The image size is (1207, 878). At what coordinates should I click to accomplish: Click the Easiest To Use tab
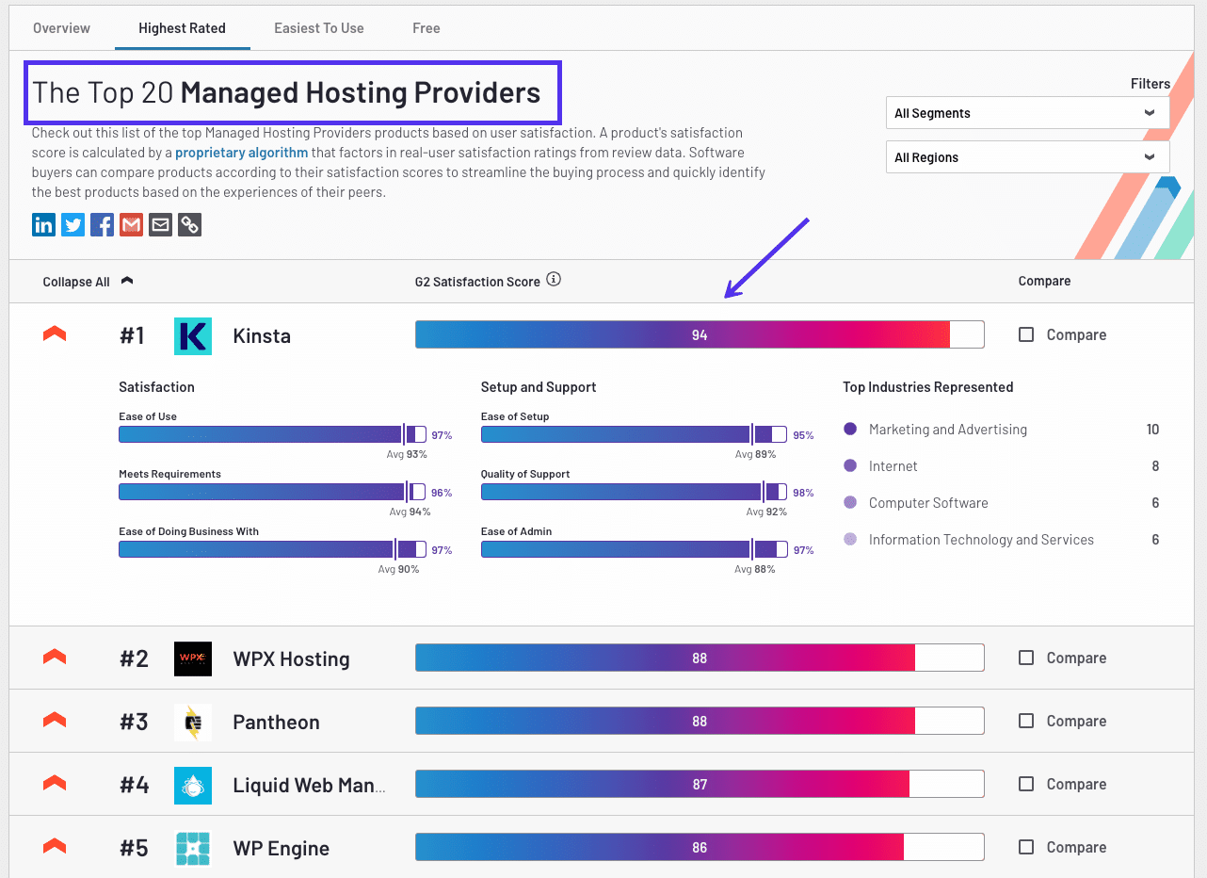point(318,28)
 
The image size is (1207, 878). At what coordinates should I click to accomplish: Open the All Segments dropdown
point(1026,113)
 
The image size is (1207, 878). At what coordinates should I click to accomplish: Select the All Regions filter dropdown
point(1026,157)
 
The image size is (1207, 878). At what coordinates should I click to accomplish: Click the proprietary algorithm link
point(241,153)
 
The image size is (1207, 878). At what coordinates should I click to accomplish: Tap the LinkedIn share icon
point(43,225)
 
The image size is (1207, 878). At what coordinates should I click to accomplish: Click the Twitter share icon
point(72,225)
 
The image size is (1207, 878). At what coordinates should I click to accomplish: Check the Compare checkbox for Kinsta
point(1026,334)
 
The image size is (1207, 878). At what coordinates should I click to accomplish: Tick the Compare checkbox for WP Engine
point(1026,847)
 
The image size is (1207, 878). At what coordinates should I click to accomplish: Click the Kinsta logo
point(193,336)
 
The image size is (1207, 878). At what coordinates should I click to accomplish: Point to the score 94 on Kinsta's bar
point(699,335)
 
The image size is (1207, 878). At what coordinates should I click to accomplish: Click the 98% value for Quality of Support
point(803,493)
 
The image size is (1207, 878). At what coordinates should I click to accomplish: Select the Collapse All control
point(77,282)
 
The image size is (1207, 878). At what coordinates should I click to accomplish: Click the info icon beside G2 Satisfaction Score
point(554,280)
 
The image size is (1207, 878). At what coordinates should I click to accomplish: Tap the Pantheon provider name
point(276,723)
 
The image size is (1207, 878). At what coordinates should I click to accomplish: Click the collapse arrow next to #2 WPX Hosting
point(55,657)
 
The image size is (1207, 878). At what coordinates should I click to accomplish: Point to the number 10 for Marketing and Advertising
point(1152,430)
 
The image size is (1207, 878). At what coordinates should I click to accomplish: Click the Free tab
point(426,28)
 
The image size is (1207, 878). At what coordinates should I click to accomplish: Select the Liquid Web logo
point(193,785)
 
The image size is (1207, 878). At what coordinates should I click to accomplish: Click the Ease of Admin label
point(516,531)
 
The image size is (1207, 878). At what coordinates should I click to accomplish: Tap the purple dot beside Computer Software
point(850,503)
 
